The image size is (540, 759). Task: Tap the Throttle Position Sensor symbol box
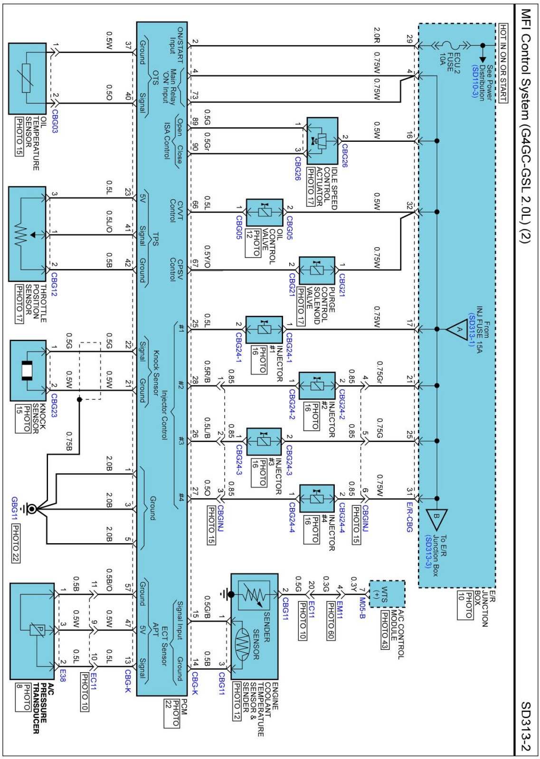[x=28, y=234]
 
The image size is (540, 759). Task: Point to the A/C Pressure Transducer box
[x=32, y=631]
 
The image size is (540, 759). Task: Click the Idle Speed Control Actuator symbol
[x=322, y=141]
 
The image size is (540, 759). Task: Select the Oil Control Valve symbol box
[x=265, y=212]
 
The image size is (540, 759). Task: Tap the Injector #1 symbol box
[x=264, y=329]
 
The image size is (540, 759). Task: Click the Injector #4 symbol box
[x=317, y=499]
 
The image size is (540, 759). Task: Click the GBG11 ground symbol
[x=31, y=509]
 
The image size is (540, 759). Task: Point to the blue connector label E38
[x=63, y=676]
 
